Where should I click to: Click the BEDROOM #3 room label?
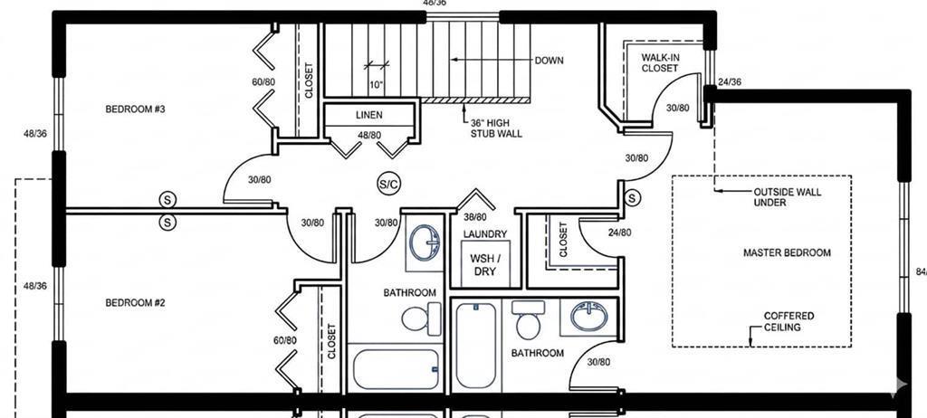click(135, 109)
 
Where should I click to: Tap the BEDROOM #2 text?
click(135, 303)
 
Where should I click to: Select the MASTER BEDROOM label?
click(787, 253)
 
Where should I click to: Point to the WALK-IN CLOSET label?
click(660, 62)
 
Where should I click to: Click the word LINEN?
click(369, 115)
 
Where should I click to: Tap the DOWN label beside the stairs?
click(550, 61)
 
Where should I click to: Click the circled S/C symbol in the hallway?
click(389, 185)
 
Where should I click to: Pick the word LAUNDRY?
click(485, 234)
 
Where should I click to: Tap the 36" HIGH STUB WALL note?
click(496, 128)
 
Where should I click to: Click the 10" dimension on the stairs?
click(377, 84)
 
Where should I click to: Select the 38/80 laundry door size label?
click(475, 217)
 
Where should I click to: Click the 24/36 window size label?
click(729, 82)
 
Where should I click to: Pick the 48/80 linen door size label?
click(369, 136)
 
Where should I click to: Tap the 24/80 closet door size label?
click(619, 233)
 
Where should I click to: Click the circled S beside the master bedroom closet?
click(632, 198)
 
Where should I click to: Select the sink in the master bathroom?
click(588, 317)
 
